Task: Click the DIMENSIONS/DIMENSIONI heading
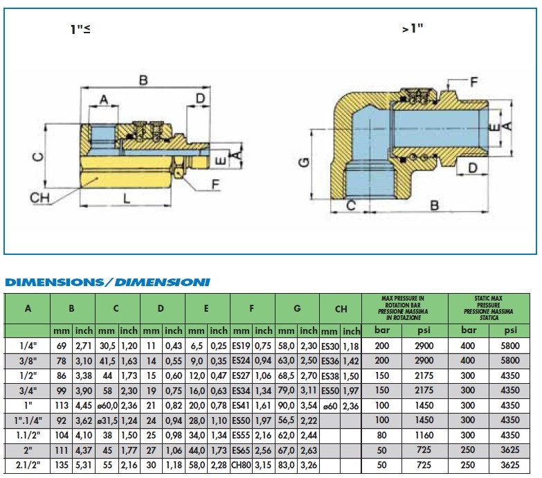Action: (107, 282)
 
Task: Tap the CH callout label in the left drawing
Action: (39, 198)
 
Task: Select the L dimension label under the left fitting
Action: (127, 199)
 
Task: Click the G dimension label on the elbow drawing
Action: (304, 162)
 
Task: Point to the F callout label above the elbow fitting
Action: (474, 82)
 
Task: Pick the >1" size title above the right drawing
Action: (413, 28)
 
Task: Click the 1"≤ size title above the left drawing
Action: (80, 29)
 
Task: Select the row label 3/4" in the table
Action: (28, 391)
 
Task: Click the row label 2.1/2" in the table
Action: (28, 465)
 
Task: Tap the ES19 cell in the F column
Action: (242, 346)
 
